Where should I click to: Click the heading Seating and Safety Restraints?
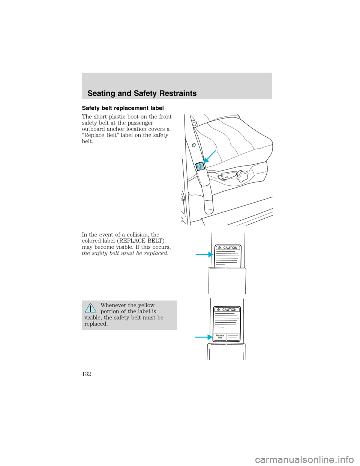tap(142, 93)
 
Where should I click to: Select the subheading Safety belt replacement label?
tap(123, 108)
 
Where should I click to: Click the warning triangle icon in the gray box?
tap(90, 308)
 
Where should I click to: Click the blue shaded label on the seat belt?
tap(200, 166)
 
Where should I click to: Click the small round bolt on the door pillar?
tap(194, 145)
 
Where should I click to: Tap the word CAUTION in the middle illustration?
tap(230, 248)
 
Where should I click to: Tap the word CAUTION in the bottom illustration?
tap(229, 310)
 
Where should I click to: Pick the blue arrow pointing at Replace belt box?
tap(203, 337)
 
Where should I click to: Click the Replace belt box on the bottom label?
tap(220, 337)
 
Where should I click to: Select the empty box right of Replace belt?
tap(233, 337)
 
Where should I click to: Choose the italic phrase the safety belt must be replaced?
tap(125, 253)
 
